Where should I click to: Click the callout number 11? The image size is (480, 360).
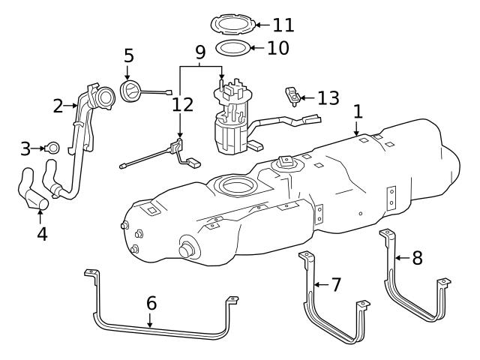point(283,25)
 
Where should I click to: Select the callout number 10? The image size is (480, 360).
point(277,49)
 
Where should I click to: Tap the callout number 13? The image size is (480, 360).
point(328,98)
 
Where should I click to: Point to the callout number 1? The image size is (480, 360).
point(358,111)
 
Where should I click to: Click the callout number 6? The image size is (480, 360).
point(151,303)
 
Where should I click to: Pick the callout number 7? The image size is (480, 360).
point(336,285)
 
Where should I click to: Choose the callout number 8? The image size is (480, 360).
point(418,258)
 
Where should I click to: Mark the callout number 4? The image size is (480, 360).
point(42,233)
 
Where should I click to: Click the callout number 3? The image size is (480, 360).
point(25,148)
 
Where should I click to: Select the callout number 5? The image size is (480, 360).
point(128,55)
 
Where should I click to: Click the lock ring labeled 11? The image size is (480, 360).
point(233,25)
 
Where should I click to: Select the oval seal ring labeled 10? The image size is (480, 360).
point(232,49)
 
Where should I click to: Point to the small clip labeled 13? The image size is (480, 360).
point(292,97)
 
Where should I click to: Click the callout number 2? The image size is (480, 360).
point(58,106)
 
